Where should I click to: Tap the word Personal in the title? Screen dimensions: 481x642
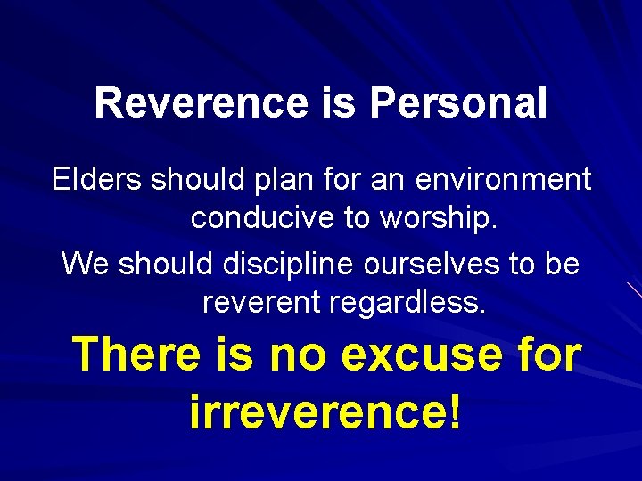458,103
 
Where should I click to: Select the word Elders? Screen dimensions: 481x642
97,180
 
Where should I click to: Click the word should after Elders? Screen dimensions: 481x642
193,180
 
